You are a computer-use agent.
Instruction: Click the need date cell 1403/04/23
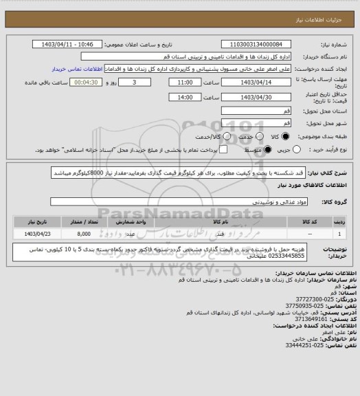coord(38,234)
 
